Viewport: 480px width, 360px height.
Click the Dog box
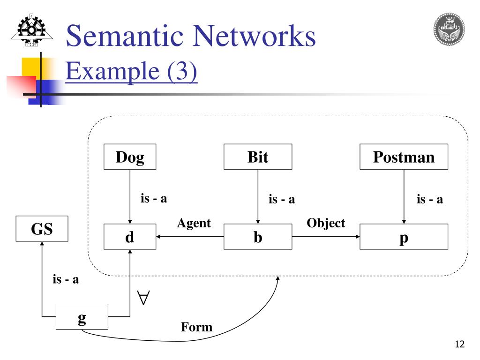(130, 157)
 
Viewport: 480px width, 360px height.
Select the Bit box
(258, 157)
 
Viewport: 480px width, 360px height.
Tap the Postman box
(404, 157)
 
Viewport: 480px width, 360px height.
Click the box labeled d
(130, 237)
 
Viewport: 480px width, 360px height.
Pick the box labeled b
(258, 237)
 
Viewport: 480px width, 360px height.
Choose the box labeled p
(404, 237)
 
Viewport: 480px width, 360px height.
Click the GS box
(42, 229)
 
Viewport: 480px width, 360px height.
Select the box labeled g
(82, 317)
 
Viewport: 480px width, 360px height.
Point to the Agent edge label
(194, 224)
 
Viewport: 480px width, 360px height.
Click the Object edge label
(326, 224)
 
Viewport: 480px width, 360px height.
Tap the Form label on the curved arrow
(196, 327)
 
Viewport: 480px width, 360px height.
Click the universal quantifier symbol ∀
(143, 298)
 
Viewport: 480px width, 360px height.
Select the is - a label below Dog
(154, 198)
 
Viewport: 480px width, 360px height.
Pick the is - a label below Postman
(429, 199)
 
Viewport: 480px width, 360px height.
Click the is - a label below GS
(66, 280)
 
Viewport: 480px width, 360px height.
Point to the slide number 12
(459, 345)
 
